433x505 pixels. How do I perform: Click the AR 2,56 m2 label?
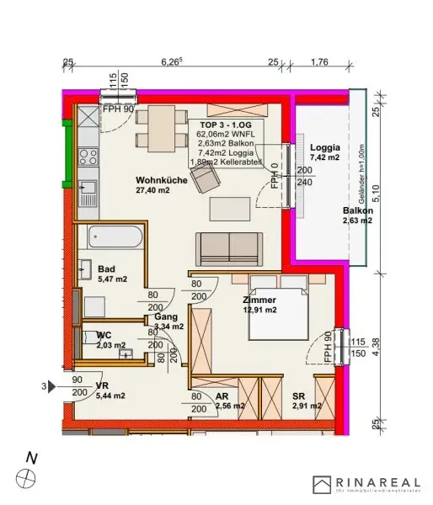click(229, 401)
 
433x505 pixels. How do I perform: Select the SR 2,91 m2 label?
click(306, 401)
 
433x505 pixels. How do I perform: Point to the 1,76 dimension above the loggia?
click(319, 61)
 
